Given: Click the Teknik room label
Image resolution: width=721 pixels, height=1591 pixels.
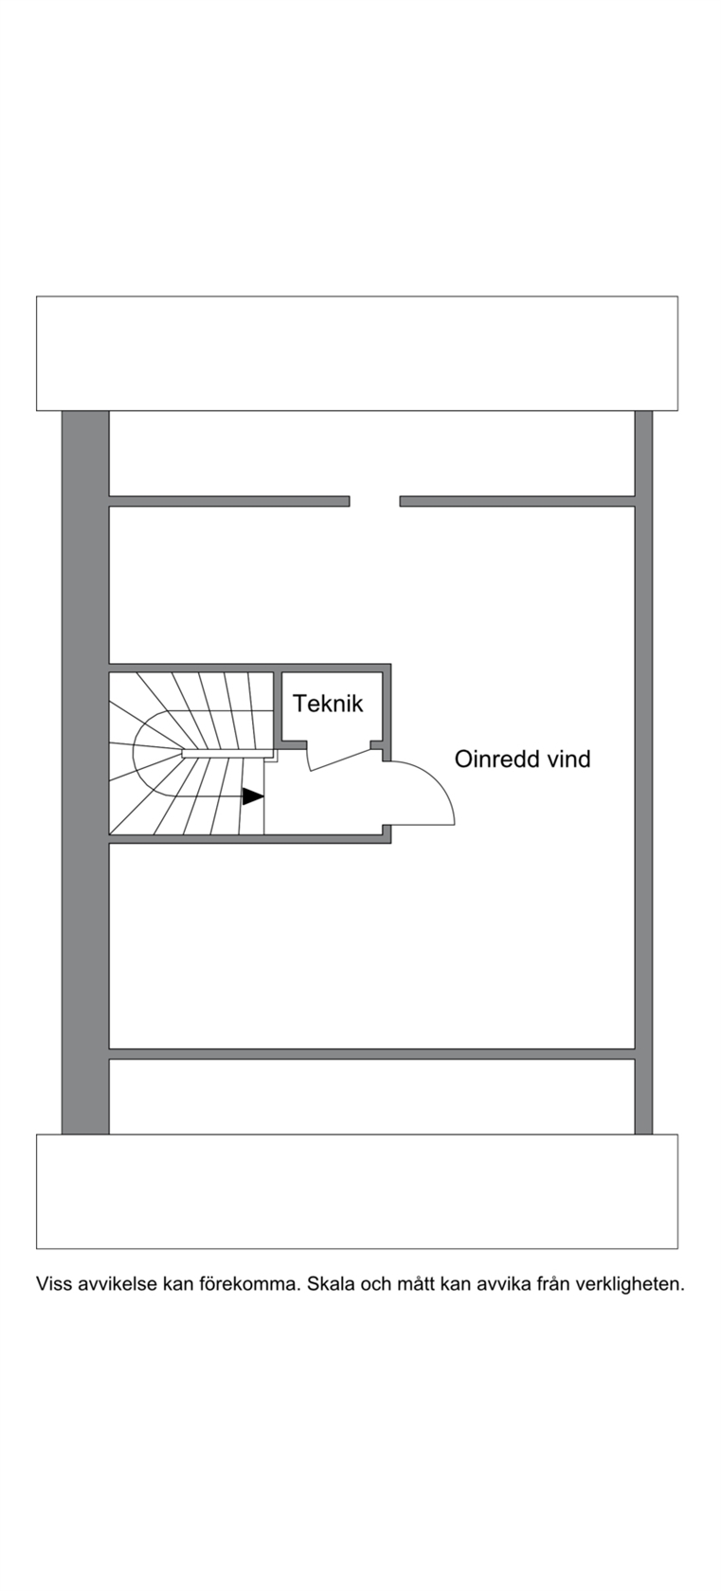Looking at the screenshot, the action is (x=328, y=704).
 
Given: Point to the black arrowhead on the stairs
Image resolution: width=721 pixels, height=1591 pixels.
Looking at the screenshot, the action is (x=253, y=796).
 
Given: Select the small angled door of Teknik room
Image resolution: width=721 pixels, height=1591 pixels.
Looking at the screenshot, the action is (x=339, y=758).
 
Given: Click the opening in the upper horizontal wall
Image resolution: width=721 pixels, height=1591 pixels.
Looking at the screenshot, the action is (x=374, y=502).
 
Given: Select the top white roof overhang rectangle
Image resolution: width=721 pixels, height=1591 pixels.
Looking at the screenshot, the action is (x=356, y=353).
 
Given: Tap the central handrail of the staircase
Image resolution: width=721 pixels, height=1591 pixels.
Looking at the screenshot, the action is (x=227, y=753).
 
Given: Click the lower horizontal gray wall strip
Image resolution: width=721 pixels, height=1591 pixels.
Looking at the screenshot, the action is (x=371, y=1054).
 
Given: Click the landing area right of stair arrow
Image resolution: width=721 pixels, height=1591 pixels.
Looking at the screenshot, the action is (x=323, y=799).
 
